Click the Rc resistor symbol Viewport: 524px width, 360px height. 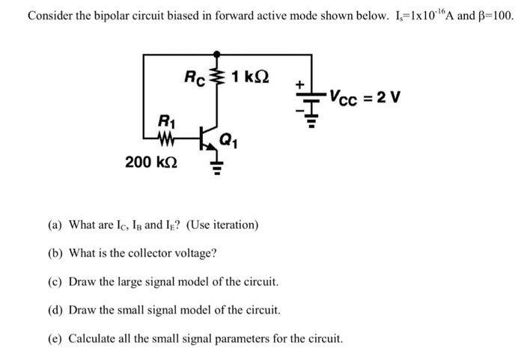pos(217,76)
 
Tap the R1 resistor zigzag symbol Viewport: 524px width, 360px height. pos(166,138)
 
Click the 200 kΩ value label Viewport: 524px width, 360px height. pos(151,160)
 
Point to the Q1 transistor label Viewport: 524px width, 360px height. pos(230,138)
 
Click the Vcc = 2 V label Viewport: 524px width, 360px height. pos(367,98)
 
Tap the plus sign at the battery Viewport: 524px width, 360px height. pos(299,86)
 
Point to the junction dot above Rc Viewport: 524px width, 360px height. pos(217,54)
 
